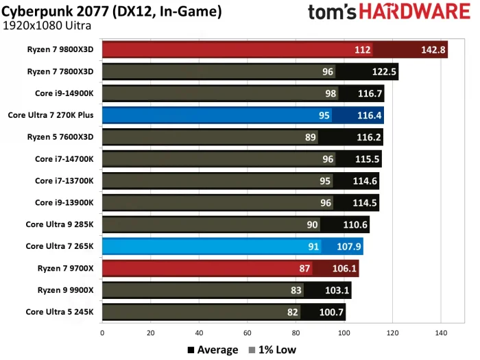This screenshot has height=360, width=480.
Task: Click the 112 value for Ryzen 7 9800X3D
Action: [363, 49]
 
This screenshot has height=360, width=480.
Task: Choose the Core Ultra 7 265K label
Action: [60, 246]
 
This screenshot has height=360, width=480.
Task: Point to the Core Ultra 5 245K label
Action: [60, 312]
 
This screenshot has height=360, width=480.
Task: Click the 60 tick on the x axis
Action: [248, 333]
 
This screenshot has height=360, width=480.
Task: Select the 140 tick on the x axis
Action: [441, 333]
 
